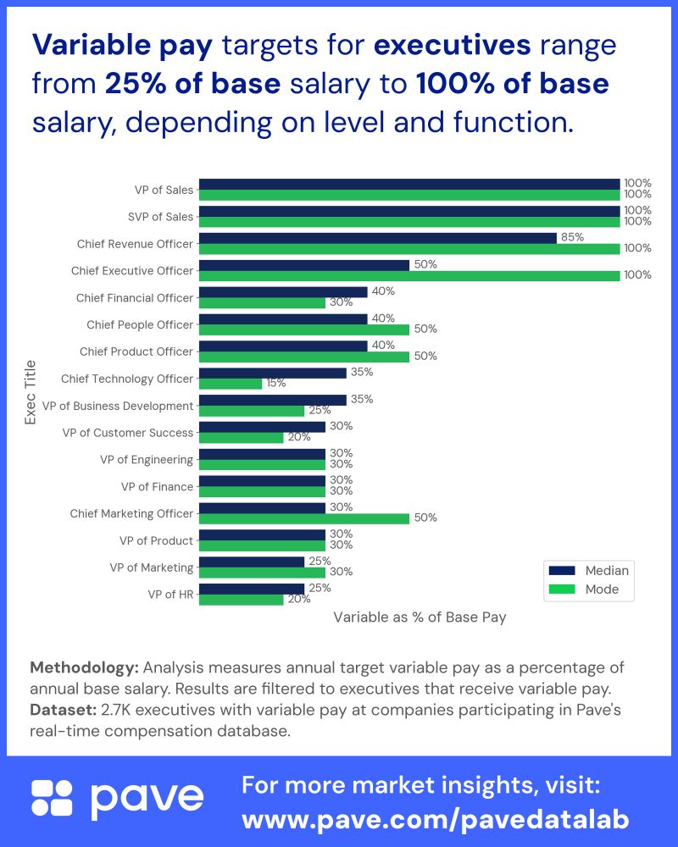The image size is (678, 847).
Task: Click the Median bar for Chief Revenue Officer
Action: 377,238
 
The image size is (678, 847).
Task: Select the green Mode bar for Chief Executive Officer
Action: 408,275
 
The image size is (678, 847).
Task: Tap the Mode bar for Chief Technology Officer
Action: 230,384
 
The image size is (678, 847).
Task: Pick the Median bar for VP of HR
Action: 251,589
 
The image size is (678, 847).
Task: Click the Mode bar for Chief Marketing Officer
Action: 303,518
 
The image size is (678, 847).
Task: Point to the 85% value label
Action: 572,237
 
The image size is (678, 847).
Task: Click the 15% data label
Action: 276,383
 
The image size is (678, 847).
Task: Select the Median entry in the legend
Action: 589,570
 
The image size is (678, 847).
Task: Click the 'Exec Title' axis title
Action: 31,391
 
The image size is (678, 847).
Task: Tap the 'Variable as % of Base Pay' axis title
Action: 420,617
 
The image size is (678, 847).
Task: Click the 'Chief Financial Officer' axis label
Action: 135,297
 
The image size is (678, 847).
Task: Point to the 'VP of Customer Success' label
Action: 128,433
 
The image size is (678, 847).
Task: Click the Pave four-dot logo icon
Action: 53,799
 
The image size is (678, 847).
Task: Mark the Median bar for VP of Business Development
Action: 272,400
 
